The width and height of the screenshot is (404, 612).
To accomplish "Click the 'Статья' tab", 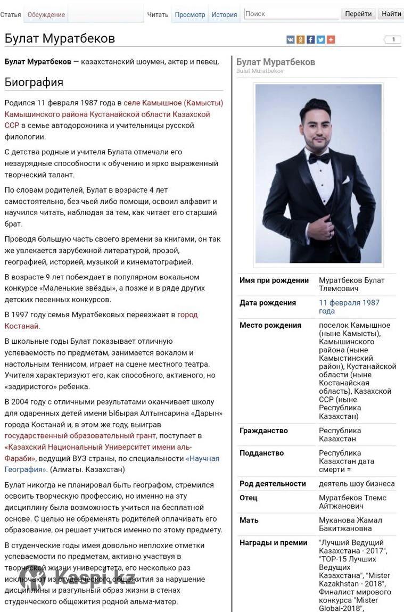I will [11, 14].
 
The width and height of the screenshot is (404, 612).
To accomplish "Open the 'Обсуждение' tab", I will [46, 14].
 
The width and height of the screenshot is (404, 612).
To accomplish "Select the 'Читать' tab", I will [158, 14].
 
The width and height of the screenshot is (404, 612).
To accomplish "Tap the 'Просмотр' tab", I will [190, 14].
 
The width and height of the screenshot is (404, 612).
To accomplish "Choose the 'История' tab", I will [224, 14].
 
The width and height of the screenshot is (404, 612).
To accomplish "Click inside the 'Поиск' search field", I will [291, 14].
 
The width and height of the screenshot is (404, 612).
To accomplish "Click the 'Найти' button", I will [391, 14].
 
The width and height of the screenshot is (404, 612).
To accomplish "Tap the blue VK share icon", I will [290, 39].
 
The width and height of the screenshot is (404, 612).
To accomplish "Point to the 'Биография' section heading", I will [34, 82].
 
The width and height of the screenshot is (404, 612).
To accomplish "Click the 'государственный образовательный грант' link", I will [80, 436].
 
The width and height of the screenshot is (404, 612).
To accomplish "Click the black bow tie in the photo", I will [318, 158].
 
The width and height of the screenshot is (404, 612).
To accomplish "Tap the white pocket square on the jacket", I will [346, 180].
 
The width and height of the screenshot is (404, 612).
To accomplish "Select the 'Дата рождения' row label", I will [268, 303].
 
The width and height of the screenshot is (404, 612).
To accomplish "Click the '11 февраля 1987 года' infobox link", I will [349, 307].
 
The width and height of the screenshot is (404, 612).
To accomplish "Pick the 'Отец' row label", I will [249, 498].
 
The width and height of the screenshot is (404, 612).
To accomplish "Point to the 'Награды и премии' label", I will [274, 543].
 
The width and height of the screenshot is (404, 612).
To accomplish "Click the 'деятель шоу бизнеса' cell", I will [357, 484].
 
